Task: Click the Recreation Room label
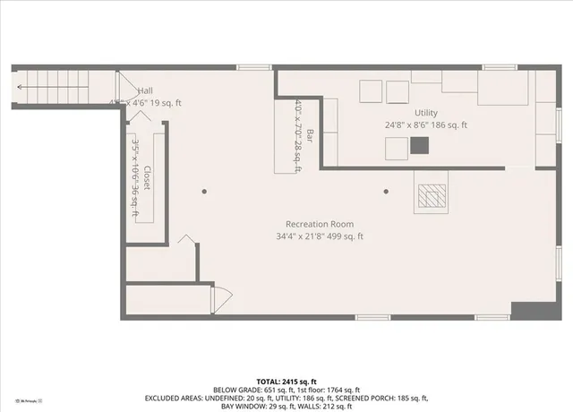point(320,224)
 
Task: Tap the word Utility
point(425,114)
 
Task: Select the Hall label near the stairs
point(145,90)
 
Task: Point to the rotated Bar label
point(310,136)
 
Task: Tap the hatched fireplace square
point(431,196)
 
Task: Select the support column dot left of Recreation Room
point(204,191)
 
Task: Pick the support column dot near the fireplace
point(386,191)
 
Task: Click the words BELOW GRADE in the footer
point(235,390)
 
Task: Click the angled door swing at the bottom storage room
point(220,299)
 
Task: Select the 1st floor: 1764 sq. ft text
point(329,390)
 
